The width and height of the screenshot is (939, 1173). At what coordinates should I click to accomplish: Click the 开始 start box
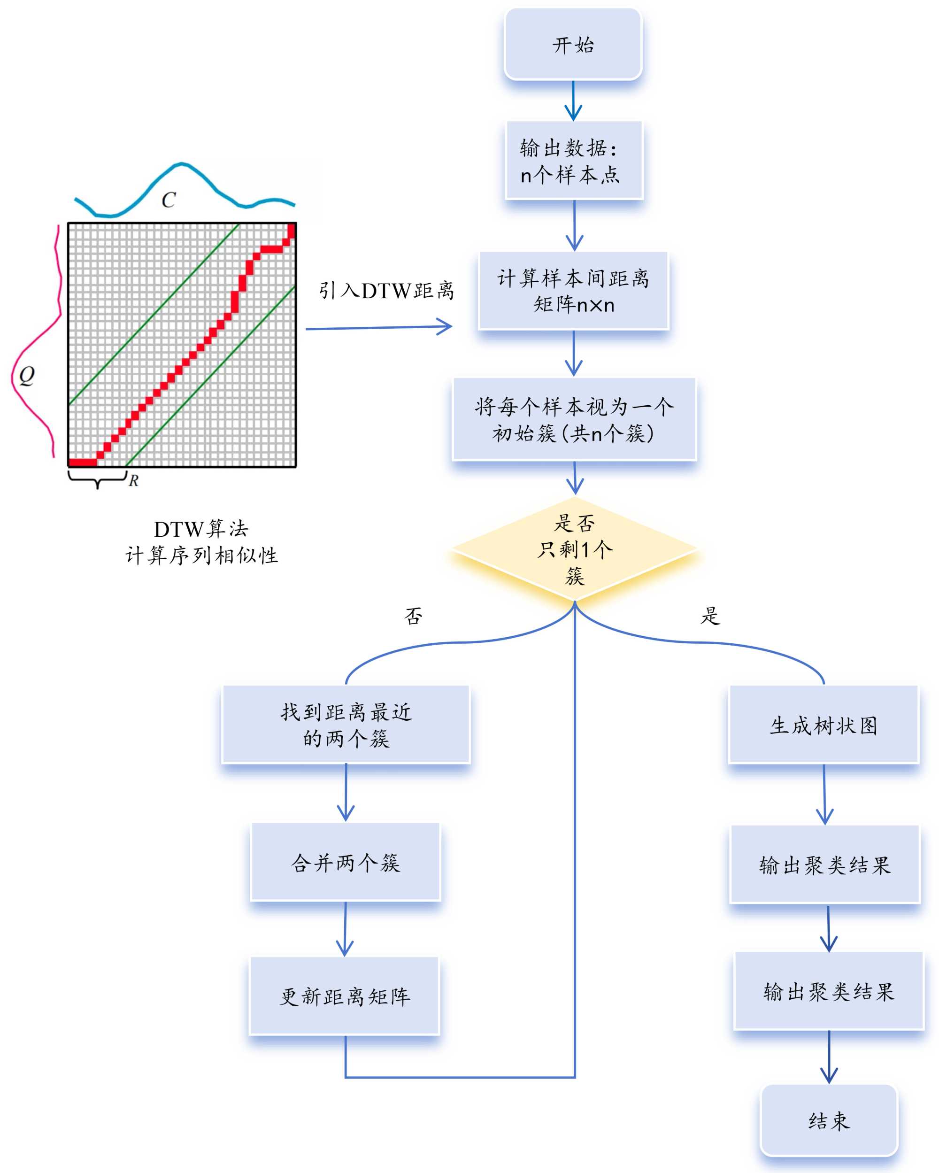[573, 44]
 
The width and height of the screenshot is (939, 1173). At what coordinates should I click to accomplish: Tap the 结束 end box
[828, 1121]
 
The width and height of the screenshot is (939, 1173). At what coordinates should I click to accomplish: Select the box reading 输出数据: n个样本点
[573, 161]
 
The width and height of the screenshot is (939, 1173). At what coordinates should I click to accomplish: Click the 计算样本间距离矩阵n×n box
[573, 291]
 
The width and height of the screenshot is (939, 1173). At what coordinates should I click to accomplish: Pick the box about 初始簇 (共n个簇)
[574, 419]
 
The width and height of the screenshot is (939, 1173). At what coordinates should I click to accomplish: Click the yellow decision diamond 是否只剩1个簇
[574, 549]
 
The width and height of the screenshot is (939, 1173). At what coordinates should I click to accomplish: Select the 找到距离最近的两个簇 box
[346, 724]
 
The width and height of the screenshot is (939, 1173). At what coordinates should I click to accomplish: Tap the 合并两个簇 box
[346, 862]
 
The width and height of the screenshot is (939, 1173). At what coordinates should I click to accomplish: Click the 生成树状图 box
[823, 725]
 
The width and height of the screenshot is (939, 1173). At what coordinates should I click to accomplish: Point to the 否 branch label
[413, 616]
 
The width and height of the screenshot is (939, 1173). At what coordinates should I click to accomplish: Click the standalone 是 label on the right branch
[710, 616]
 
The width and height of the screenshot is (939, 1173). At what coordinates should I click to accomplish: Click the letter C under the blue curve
[169, 200]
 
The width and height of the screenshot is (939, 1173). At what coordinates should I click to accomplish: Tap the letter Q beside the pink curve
[27, 375]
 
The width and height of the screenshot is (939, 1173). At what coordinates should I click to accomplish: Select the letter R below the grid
[133, 480]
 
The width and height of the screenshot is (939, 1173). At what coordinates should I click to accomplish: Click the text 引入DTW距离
[386, 291]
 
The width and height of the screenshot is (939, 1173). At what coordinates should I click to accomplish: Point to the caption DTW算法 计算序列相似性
[201, 542]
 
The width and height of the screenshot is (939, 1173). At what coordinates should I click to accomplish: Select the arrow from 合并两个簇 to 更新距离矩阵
[345, 929]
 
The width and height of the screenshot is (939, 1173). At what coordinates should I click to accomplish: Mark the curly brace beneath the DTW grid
[97, 479]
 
